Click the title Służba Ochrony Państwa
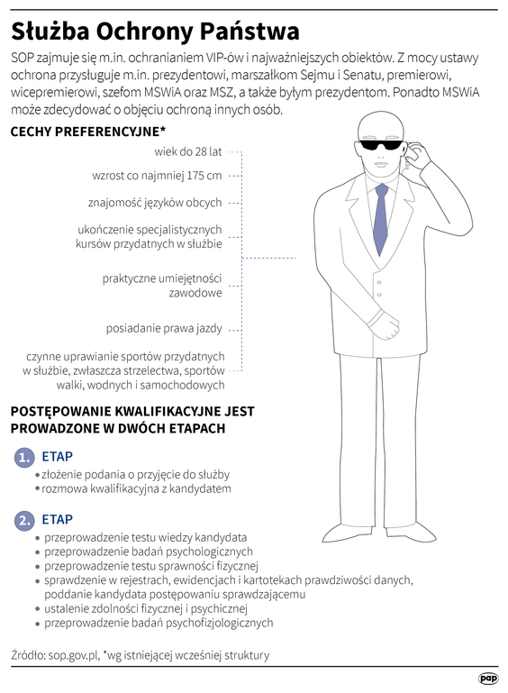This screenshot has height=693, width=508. (x=155, y=32)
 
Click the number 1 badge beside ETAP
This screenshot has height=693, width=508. (x=24, y=459)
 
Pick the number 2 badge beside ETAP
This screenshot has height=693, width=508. (x=24, y=520)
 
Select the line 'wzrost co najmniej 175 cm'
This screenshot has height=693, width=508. (x=157, y=176)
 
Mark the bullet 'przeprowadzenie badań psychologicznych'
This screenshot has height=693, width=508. (x=148, y=551)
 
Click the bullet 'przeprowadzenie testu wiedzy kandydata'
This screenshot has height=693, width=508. (x=145, y=536)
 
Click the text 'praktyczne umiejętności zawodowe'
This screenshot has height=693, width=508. (x=162, y=286)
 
